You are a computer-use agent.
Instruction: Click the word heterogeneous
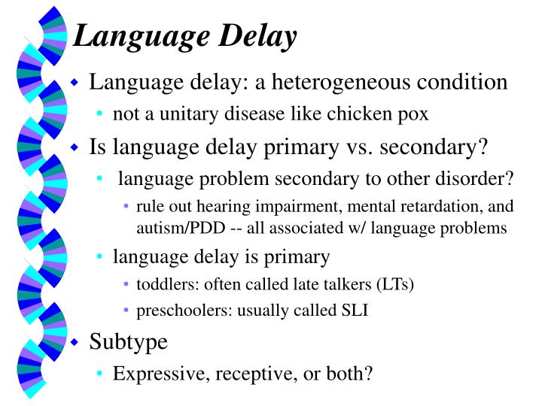tap(340, 82)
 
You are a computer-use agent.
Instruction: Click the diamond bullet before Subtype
tap(75, 342)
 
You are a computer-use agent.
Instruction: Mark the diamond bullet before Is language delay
tap(75, 147)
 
